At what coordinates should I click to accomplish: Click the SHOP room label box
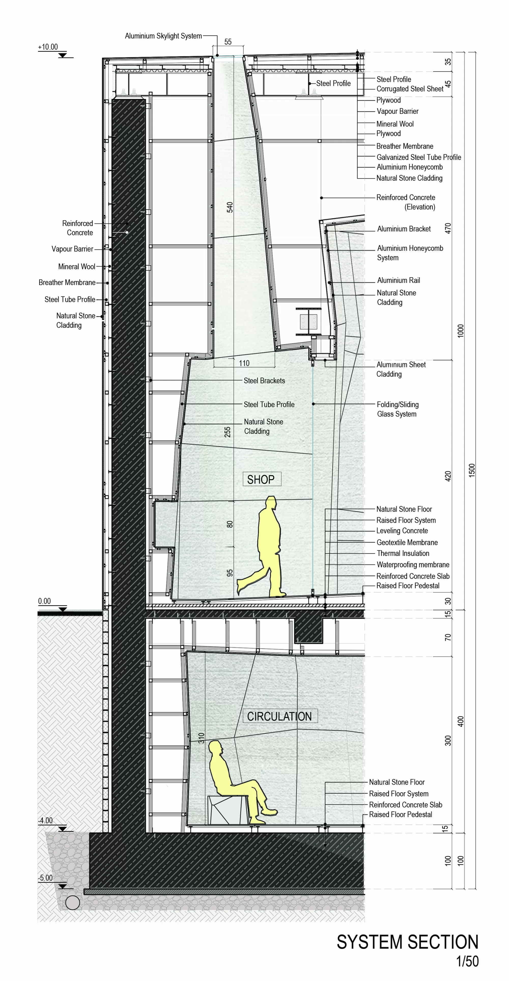pyautogui.click(x=262, y=479)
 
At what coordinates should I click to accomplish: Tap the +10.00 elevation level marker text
pyautogui.click(x=48, y=47)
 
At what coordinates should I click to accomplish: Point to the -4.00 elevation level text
pyautogui.click(x=45, y=820)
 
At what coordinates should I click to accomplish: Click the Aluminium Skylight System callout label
pyautogui.click(x=163, y=36)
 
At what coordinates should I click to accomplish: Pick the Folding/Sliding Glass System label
pyautogui.click(x=398, y=409)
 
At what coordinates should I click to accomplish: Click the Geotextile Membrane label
pyautogui.click(x=407, y=542)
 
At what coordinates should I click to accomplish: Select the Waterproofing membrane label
pyautogui.click(x=413, y=564)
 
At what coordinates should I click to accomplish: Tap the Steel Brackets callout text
pyautogui.click(x=264, y=380)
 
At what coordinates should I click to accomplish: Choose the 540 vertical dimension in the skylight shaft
pyautogui.click(x=230, y=207)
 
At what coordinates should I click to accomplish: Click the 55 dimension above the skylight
pyautogui.click(x=228, y=42)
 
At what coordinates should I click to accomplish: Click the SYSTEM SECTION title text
pyautogui.click(x=407, y=942)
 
